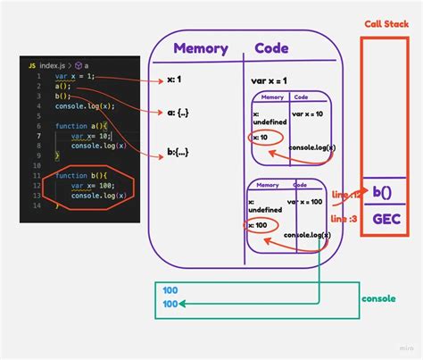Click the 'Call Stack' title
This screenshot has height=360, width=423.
tap(387, 24)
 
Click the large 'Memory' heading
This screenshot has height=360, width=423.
tap(201, 50)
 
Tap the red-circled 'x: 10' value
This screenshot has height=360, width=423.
tap(261, 138)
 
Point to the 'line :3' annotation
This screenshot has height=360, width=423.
tap(343, 218)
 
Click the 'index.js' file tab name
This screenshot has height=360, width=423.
tap(53, 65)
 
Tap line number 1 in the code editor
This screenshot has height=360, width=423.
tap(37, 77)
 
